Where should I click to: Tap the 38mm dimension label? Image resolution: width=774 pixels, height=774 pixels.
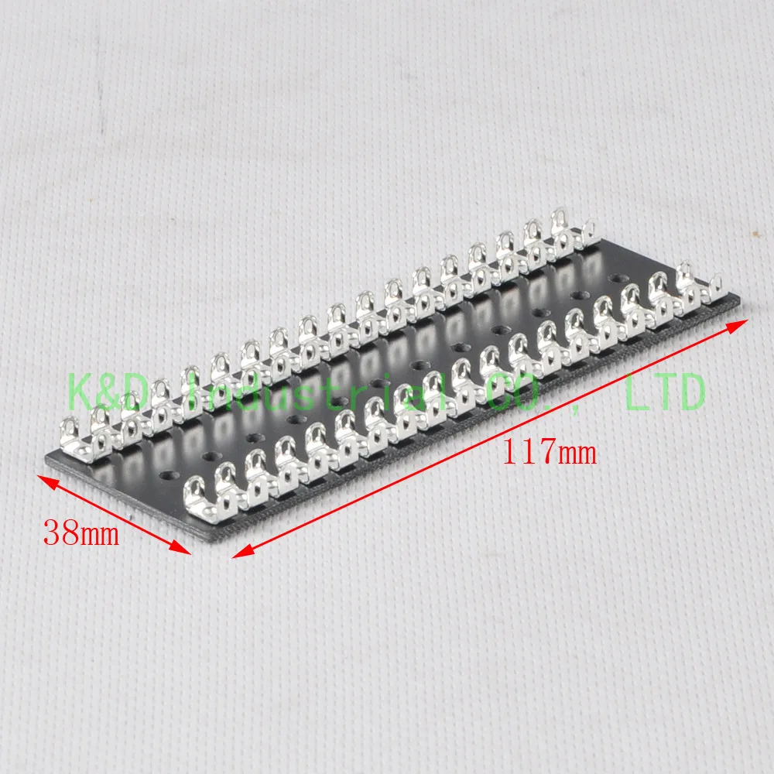point(81,533)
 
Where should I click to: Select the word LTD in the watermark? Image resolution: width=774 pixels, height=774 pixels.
point(664,393)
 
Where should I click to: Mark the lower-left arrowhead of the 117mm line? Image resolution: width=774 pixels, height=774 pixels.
point(238,553)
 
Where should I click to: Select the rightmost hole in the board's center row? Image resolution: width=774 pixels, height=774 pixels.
point(616,276)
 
